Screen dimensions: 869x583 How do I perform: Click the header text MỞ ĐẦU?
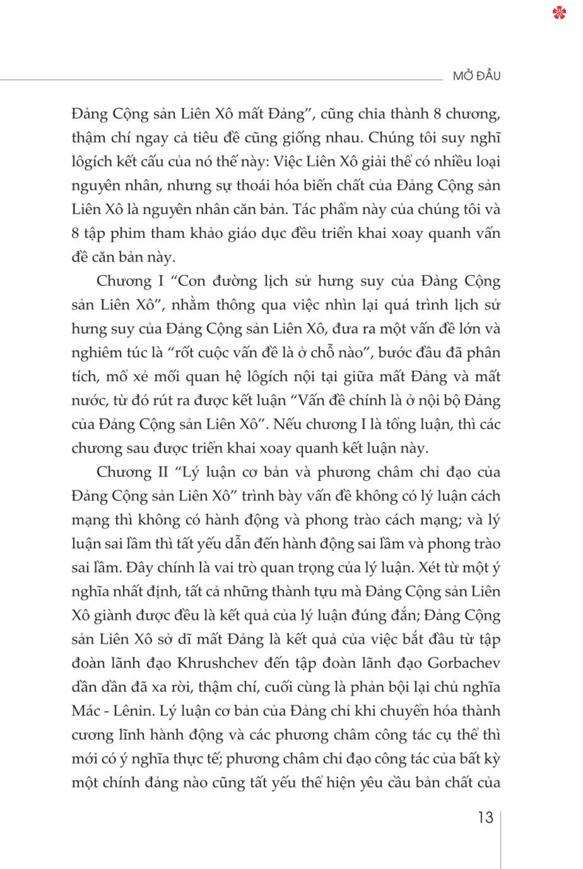pos(476,76)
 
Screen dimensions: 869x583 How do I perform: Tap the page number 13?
pos(485,818)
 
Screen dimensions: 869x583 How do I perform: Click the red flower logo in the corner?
pos(559,12)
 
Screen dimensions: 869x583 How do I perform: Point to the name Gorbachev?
pos(463,663)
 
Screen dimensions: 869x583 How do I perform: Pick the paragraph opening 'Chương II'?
pos(132,472)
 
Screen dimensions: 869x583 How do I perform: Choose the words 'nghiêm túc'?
pos(105,353)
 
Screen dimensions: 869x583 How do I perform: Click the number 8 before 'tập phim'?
pos(75,233)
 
